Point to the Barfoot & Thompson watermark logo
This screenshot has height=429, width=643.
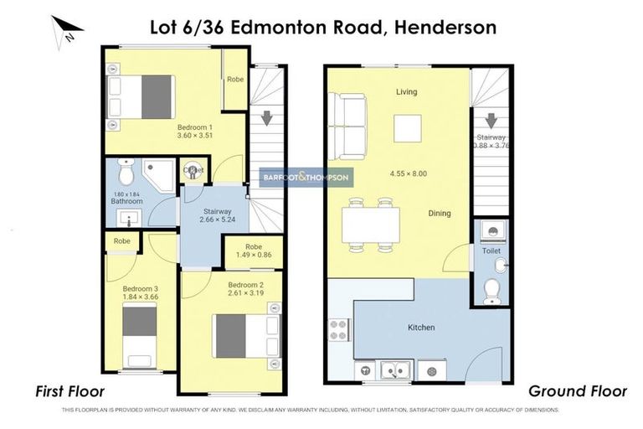pyautogui.click(x=306, y=178)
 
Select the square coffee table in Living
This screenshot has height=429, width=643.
pyautogui.click(x=408, y=127)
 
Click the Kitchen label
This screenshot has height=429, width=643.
pyautogui.click(x=421, y=327)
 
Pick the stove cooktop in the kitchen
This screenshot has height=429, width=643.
pyautogui.click(x=340, y=329)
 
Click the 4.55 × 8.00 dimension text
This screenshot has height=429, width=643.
pyautogui.click(x=408, y=173)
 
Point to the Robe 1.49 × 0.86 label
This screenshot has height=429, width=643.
pyautogui.click(x=253, y=251)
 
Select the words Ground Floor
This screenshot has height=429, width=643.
pyautogui.click(x=577, y=391)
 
